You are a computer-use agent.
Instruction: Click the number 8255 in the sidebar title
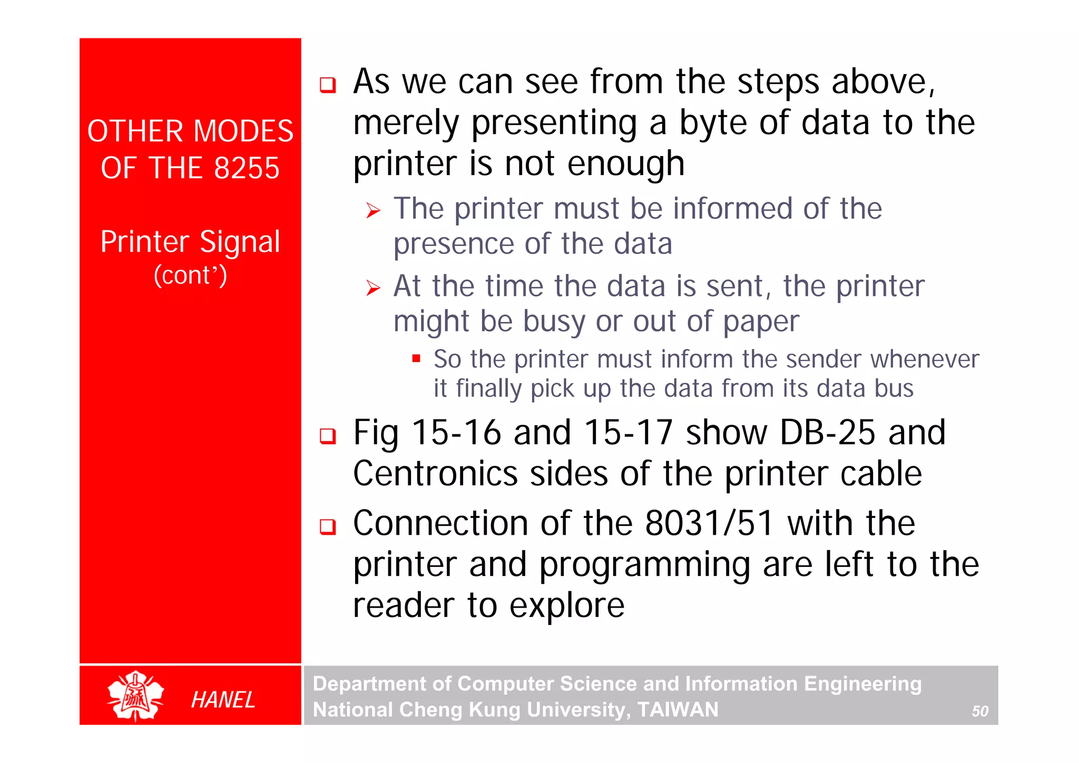247,168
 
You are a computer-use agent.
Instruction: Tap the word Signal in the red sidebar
240,242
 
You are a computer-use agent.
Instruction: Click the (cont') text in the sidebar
190,275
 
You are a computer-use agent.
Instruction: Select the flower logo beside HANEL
135,696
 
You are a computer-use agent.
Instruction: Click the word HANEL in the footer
223,700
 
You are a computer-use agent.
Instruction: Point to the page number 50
980,711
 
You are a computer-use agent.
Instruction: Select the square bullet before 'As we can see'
328,85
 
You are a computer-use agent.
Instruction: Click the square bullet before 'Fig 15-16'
328,436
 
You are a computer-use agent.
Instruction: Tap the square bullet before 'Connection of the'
328,526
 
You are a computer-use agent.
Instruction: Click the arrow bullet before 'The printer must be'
373,211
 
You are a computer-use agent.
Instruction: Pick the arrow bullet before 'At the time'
373,288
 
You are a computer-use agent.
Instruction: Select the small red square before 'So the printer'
416,359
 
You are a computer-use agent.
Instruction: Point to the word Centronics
435,473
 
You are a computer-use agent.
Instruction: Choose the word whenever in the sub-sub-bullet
925,359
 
